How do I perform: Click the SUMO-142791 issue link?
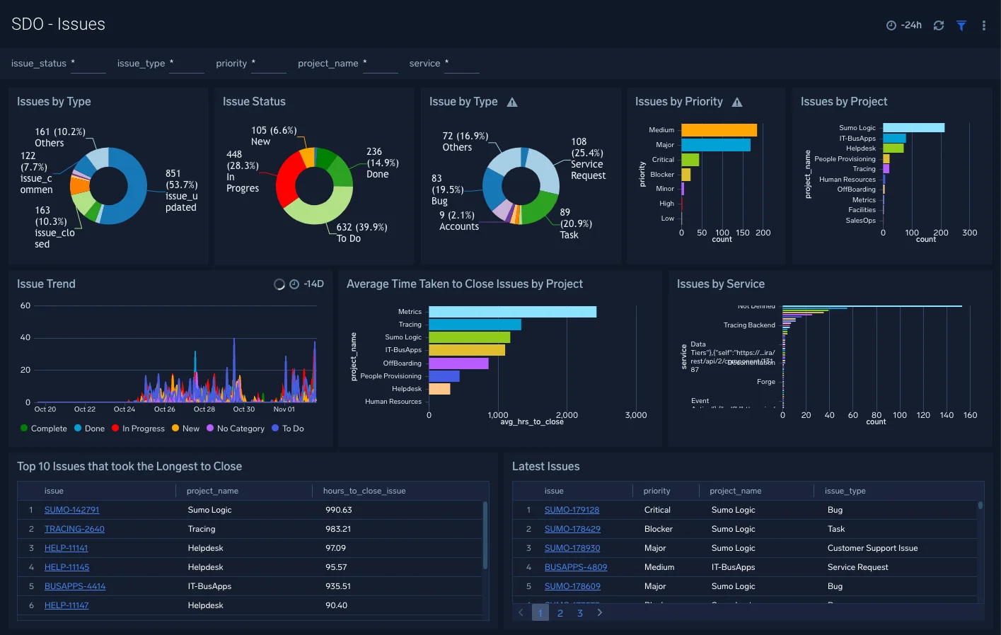pos(71,510)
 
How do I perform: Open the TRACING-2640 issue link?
pos(74,529)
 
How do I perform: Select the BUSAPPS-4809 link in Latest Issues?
pos(575,567)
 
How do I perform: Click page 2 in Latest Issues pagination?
pos(560,613)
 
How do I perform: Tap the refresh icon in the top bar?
pos(939,25)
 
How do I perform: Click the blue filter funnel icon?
pos(961,25)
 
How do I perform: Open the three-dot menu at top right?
pos(983,25)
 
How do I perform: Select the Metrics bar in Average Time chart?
pos(512,312)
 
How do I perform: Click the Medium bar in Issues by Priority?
pos(719,130)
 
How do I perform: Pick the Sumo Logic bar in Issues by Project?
pos(913,128)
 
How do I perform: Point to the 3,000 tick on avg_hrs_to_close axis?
pos(635,415)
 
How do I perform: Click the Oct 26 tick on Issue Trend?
pos(164,409)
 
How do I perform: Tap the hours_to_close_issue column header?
pos(364,491)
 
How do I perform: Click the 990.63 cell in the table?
pos(338,510)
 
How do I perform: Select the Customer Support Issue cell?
pos(872,548)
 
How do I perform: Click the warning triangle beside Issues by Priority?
pos(737,103)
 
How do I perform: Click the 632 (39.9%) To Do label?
pos(361,233)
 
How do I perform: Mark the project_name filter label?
pos(328,64)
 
